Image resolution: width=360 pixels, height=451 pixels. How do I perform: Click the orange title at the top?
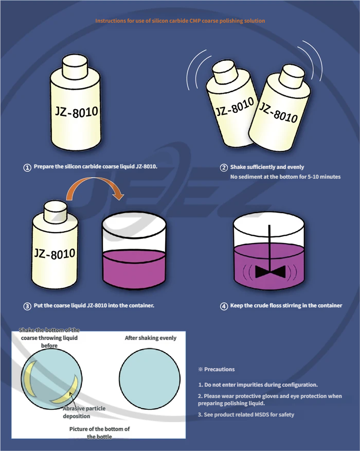[180, 21]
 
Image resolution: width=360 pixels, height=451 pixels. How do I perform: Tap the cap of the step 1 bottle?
[75, 66]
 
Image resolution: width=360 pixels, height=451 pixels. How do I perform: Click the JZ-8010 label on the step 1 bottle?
[77, 112]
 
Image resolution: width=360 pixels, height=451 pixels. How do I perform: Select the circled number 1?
[27, 167]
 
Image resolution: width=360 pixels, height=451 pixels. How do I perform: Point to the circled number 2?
[224, 167]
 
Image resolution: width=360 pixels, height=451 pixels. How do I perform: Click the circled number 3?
[27, 306]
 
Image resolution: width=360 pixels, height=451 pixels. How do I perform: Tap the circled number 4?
[224, 306]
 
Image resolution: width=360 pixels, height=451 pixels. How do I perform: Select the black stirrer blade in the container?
[270, 272]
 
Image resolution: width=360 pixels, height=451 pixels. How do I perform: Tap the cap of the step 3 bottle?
[56, 211]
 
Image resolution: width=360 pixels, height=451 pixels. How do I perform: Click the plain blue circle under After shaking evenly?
[150, 379]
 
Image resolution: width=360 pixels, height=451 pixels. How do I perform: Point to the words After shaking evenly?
[151, 338]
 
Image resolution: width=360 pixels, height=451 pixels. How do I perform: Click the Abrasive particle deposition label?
[84, 412]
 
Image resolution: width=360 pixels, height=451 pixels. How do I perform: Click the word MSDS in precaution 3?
[262, 415]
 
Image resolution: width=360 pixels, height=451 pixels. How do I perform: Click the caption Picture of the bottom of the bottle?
[99, 432]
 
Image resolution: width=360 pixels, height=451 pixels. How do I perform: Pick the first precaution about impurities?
[258, 385]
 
